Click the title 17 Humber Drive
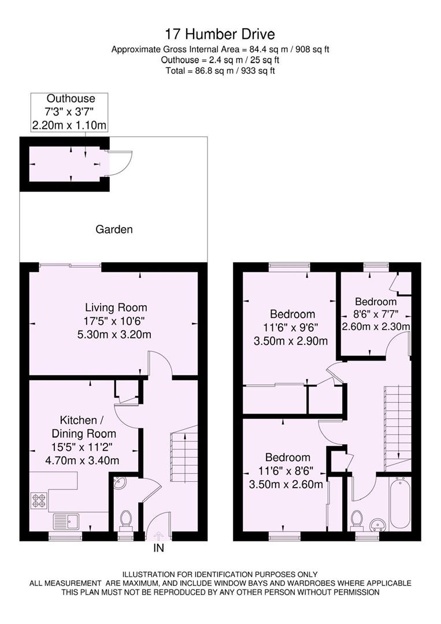point(220,34)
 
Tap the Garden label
point(114,229)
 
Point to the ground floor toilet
point(124,519)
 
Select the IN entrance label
point(158,548)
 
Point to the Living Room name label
point(116,307)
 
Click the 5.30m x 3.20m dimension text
point(116,334)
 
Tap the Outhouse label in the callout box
point(71,99)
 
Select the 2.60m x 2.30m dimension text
point(376,326)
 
